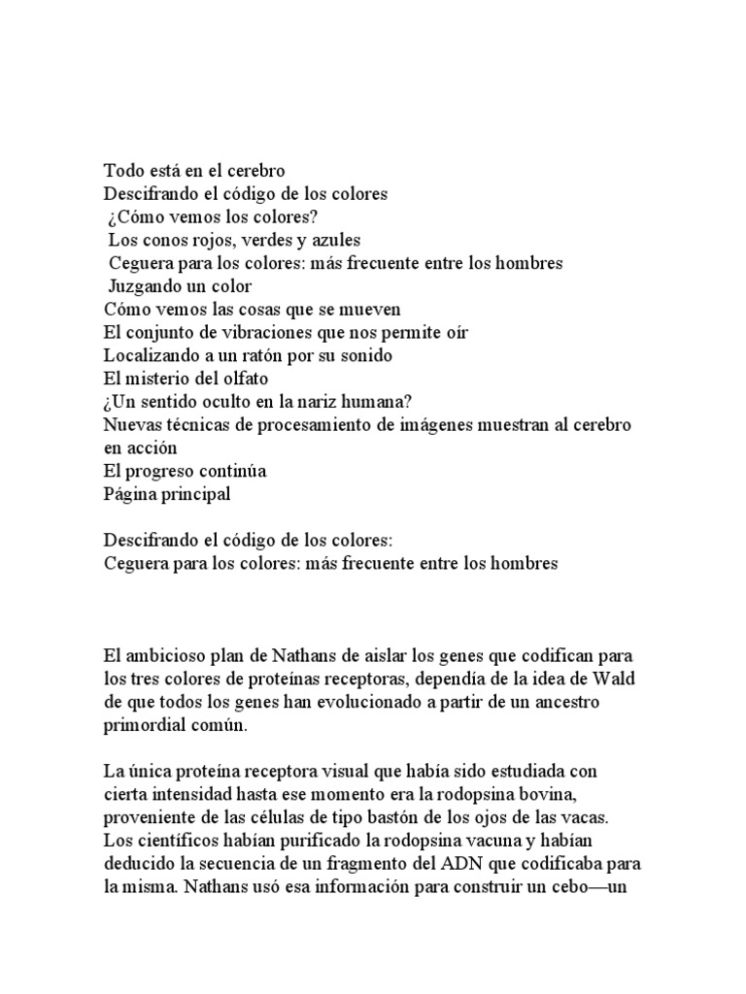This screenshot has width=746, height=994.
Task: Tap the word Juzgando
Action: (146, 286)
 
